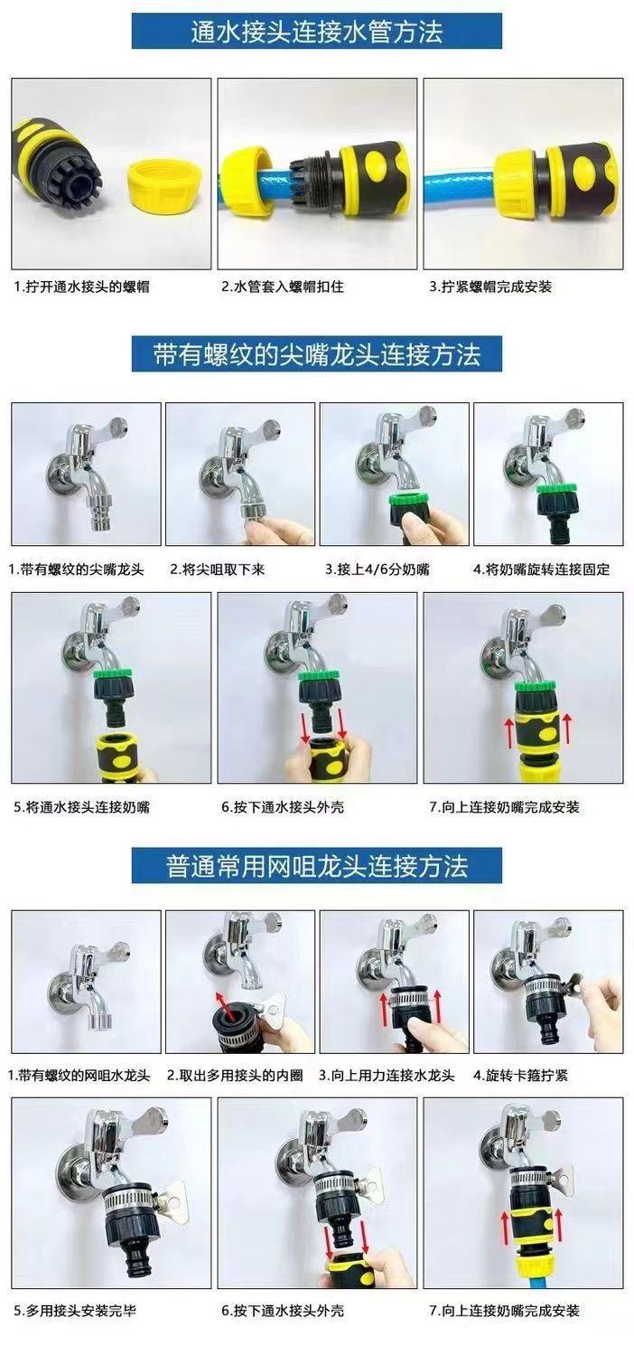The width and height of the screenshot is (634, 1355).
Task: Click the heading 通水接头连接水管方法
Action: click(317, 32)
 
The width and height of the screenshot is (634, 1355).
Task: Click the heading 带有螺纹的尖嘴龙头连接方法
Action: click(317, 353)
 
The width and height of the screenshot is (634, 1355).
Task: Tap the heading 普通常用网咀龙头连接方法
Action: click(317, 866)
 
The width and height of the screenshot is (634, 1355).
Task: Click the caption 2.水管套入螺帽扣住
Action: click(283, 287)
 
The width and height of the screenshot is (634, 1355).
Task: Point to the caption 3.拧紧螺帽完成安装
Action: click(490, 287)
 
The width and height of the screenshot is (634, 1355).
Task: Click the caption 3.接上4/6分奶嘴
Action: click(378, 569)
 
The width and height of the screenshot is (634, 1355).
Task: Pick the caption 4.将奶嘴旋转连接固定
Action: click(542, 569)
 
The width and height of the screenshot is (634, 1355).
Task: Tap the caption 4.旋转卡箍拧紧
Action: click(520, 1076)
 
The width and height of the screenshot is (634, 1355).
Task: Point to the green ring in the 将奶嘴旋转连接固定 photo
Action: click(555, 488)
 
